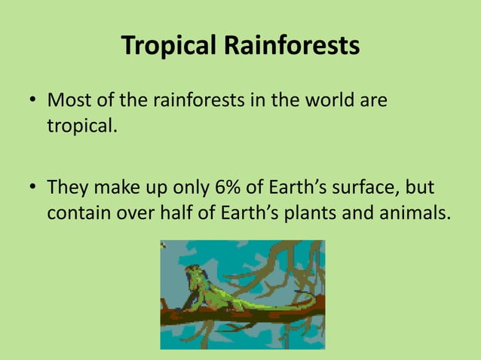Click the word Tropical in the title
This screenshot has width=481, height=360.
pyautogui.click(x=167, y=47)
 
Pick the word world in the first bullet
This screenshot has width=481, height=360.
pyautogui.click(x=320, y=100)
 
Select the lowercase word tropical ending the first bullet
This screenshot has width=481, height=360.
pyautogui.click(x=82, y=126)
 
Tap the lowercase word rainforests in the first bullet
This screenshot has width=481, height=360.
pyautogui.click(x=198, y=100)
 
